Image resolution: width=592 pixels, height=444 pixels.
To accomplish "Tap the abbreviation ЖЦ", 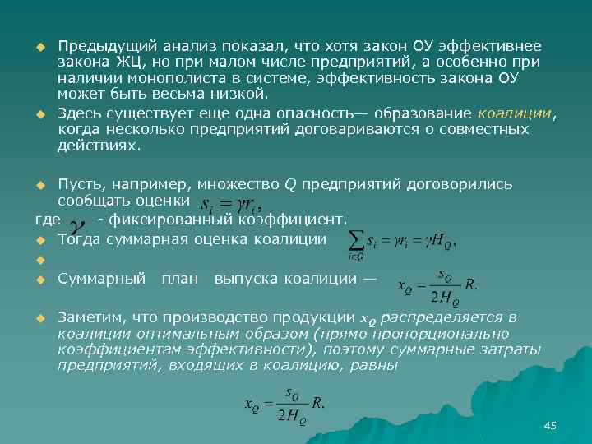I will [117, 62].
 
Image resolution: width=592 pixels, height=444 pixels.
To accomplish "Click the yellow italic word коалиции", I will [514, 113].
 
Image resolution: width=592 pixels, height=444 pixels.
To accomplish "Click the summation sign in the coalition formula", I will [357, 240].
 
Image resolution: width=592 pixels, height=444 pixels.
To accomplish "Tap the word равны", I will [375, 366].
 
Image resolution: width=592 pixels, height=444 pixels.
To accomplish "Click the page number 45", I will [550, 425].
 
